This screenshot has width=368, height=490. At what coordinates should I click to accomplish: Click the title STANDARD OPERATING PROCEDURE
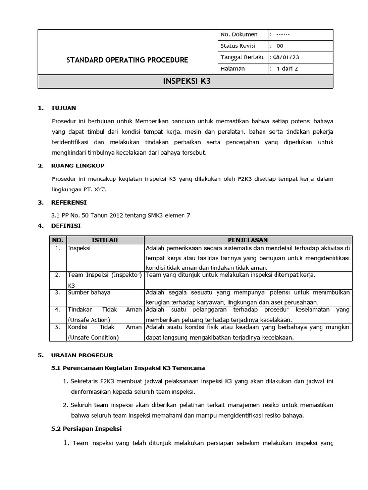coord(127,60)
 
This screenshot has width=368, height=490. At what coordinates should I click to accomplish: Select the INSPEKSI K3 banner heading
coord(186,81)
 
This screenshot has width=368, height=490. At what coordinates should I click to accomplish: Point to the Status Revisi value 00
coord(280,46)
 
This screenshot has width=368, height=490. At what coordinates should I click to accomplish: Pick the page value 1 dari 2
coord(287,69)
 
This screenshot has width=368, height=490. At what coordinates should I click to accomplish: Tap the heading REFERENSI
coord(69,203)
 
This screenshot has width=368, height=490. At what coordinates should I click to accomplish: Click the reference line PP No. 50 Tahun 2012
coord(120,215)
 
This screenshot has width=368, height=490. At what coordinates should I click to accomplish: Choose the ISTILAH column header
coord(104,240)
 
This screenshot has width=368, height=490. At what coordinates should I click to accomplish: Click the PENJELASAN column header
coord(248,240)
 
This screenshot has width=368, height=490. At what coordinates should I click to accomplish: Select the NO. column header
coord(57,240)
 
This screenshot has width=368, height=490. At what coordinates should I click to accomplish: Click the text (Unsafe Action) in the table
coord(89,320)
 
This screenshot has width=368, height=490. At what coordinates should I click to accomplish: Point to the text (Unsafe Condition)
coord(93,337)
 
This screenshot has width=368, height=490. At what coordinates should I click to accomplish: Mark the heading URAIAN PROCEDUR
coord(82,356)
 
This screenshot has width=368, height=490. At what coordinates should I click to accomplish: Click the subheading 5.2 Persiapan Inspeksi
coord(86,428)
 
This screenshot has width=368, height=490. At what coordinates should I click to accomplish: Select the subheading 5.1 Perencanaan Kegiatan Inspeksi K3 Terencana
coord(128,368)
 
